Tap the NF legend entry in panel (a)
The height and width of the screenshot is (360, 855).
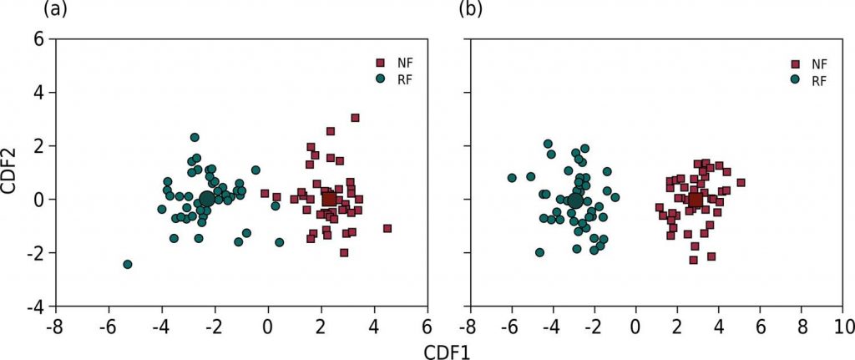(397, 63)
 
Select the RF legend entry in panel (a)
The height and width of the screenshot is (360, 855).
(397, 79)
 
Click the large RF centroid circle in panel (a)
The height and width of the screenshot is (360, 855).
(206, 200)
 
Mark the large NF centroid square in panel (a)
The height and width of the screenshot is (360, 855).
(330, 199)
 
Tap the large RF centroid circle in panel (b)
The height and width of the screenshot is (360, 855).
(575, 201)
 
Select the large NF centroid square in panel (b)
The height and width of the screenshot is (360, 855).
(696, 200)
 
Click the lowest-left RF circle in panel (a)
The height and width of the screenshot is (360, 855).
(128, 264)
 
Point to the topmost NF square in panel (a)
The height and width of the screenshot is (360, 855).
(355, 118)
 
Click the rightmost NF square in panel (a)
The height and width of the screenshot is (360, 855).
(387, 228)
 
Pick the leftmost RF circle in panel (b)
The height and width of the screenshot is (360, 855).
(512, 178)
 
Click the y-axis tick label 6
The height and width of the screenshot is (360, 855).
(37, 38)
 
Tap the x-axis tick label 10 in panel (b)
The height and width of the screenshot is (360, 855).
(843, 325)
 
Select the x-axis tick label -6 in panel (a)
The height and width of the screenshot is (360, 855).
(106, 325)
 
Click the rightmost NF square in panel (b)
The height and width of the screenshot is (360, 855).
(741, 182)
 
